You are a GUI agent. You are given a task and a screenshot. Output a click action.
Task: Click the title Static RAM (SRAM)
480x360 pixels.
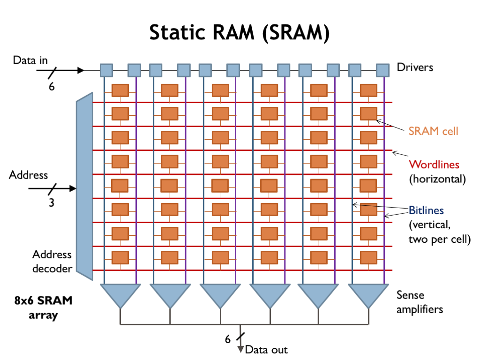240,33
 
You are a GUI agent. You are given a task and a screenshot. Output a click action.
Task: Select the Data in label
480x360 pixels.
30,60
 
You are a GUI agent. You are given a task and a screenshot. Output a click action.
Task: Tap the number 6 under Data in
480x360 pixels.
52,86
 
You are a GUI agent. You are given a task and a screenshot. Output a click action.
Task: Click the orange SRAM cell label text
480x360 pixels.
433,131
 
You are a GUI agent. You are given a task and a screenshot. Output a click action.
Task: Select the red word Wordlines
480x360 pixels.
434,165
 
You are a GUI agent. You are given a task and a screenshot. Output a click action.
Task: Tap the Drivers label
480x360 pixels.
415,67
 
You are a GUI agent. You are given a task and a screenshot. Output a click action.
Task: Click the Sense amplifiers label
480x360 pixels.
420,302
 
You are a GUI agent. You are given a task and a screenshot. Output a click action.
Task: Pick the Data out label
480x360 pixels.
266,350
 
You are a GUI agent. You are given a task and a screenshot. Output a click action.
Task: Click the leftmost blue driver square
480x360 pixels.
106,70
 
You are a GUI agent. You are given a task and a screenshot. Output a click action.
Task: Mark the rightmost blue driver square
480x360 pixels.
383,70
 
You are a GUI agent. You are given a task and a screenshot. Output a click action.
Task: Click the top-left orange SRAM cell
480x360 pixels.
120,90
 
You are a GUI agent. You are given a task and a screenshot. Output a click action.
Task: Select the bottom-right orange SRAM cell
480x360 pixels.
368,257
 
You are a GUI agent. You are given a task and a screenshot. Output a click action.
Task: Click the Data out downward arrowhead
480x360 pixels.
241,349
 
